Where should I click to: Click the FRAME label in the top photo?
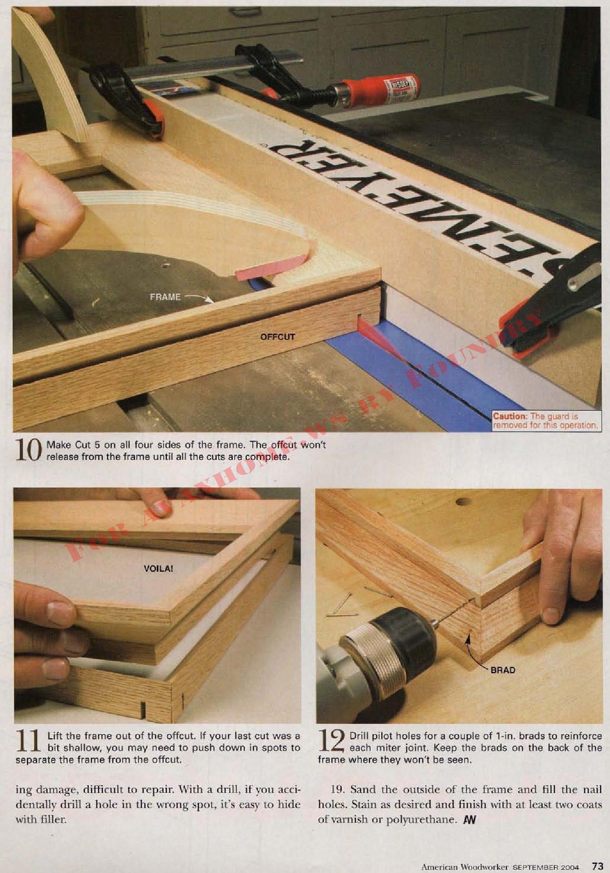point(165,297)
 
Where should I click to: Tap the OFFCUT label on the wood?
point(277,337)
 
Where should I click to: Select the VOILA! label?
point(158,568)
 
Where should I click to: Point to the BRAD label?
point(503,670)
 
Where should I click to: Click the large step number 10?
point(28,450)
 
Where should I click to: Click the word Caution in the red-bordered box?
point(510,416)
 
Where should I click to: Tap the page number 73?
point(597,866)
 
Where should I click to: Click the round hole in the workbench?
point(463,502)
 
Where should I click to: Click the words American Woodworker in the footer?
point(465,867)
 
